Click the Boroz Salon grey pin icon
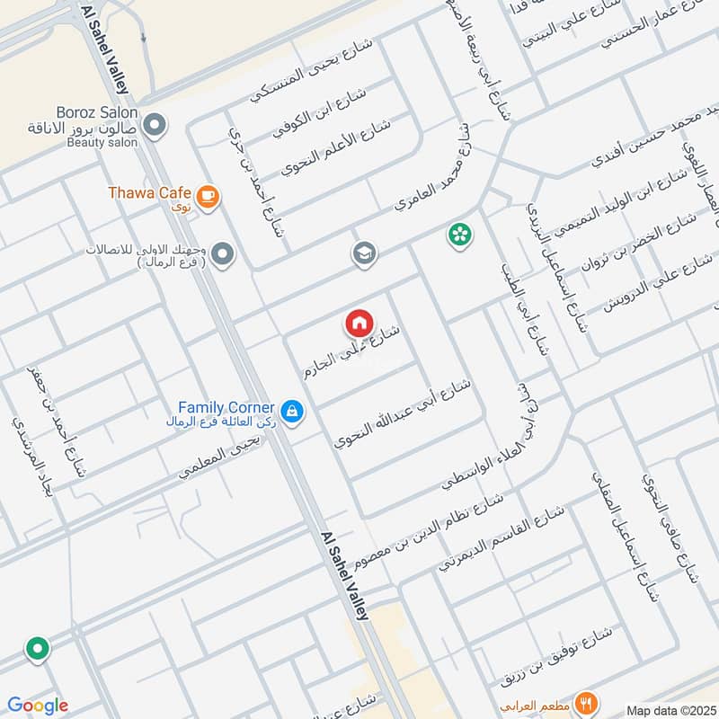155,124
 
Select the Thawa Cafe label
149,192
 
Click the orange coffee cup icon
207,195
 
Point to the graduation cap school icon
364,254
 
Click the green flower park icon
459,235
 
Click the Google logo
38,706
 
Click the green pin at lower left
37,648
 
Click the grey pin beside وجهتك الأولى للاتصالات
223,255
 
